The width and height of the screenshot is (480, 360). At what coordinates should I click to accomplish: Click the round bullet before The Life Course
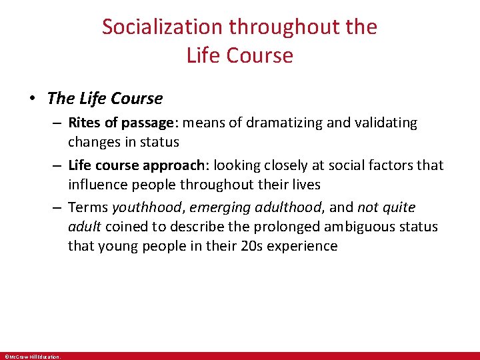33,99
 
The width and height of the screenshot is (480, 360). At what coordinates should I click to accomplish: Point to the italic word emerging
215,207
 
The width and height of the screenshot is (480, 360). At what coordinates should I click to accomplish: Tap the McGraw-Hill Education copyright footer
32,357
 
